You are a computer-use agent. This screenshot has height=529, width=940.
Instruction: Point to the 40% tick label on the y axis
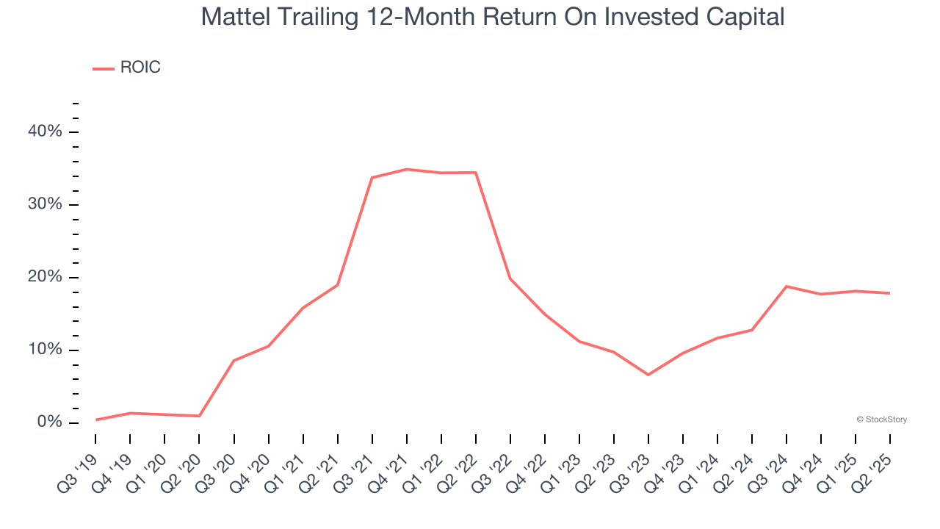tap(45, 132)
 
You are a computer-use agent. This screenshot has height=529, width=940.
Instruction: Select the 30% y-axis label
tap(45, 204)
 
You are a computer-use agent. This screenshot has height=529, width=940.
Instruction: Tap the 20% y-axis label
tap(45, 277)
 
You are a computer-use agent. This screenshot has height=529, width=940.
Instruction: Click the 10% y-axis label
tap(45, 350)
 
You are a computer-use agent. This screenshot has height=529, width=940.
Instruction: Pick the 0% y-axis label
tap(49, 422)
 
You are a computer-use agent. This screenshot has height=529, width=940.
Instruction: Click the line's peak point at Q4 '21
tap(406, 169)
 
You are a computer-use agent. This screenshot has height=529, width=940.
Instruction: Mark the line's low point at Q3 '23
tap(648, 375)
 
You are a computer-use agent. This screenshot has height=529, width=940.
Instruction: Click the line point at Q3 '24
tap(787, 286)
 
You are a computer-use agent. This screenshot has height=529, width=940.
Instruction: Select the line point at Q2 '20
tap(199, 416)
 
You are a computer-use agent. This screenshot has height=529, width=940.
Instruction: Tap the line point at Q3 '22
tap(510, 278)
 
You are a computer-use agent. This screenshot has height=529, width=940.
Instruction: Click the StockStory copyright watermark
tap(881, 420)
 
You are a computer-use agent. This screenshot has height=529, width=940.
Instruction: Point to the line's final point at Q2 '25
tap(890, 293)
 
